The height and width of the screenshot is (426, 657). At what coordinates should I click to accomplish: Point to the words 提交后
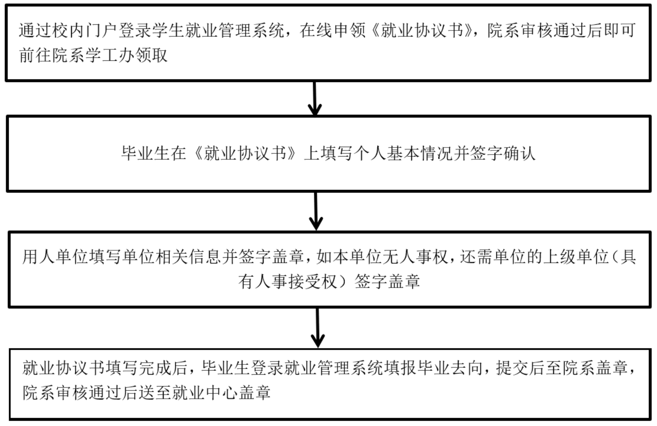[x=520, y=368]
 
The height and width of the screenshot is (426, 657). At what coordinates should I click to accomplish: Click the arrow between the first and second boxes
[x=315, y=98]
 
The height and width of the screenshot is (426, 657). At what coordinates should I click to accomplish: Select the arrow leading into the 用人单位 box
[x=316, y=211]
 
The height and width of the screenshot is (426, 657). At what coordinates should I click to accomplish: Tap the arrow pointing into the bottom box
[x=317, y=328]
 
